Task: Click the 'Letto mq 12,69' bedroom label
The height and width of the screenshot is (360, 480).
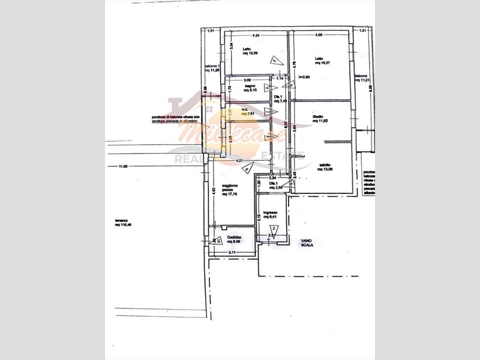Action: pos(250,52)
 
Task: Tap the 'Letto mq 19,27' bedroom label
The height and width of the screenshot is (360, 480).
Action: pos(324,61)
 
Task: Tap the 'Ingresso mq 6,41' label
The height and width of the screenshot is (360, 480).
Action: pos(269,215)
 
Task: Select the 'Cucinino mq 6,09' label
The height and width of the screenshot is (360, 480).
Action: pos(234,239)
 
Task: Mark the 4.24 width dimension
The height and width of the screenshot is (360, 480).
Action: pos(255,35)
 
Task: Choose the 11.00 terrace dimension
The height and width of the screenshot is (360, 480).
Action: pos(123,167)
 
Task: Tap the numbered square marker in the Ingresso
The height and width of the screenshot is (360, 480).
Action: pos(274,229)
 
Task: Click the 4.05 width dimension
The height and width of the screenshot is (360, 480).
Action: pos(318,35)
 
